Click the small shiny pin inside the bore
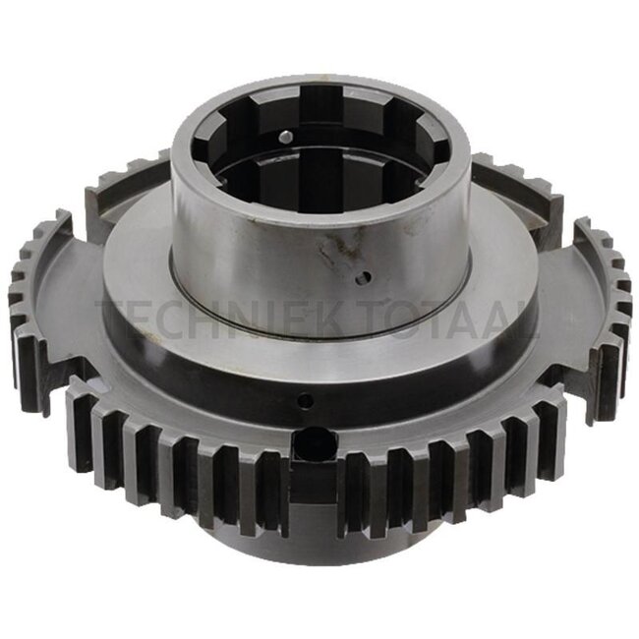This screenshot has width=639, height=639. (286, 136)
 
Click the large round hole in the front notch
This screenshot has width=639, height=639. (316, 442)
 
